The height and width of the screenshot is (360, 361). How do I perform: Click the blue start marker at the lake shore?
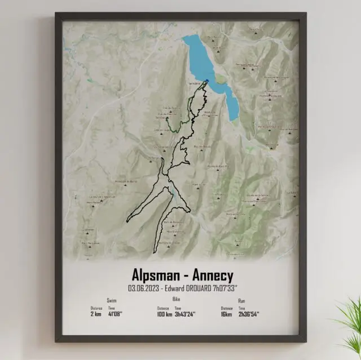coord(207,82)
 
